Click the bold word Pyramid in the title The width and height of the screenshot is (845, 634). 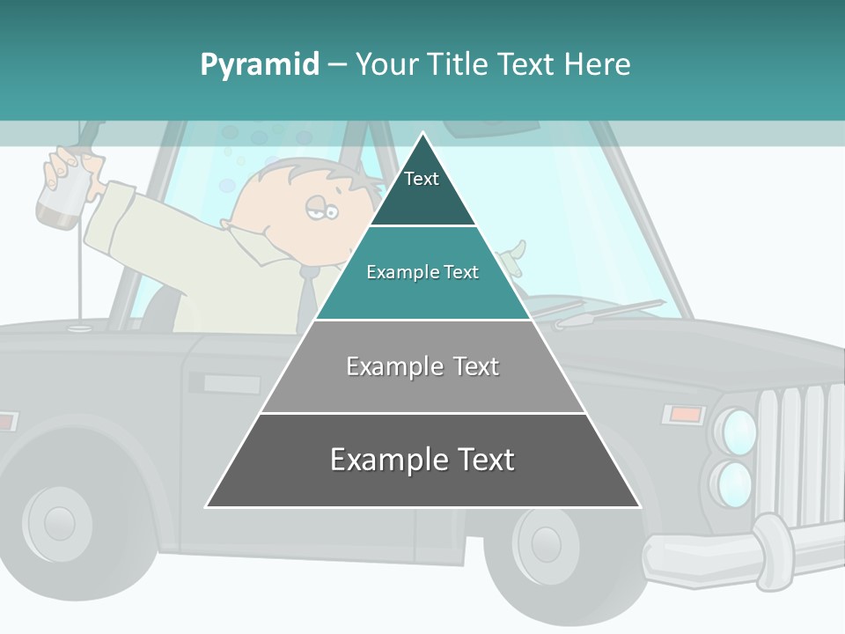pos(260,64)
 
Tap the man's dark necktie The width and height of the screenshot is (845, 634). pos(307,299)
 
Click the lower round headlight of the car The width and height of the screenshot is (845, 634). pos(734,483)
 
